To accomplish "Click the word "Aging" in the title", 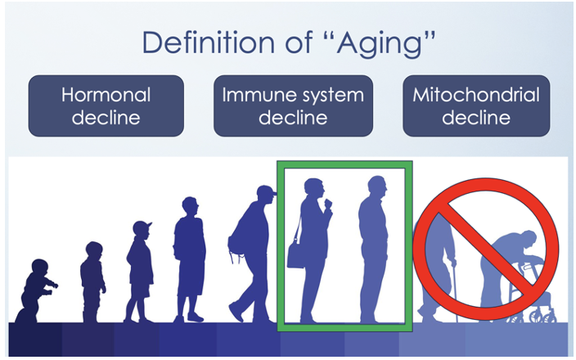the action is [x=381, y=43].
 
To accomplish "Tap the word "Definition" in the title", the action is [x=209, y=42].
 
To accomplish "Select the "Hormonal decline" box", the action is [x=106, y=106].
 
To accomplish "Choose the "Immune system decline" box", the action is [x=293, y=106].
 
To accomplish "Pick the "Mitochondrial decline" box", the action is [x=476, y=106].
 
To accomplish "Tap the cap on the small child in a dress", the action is [x=142, y=227].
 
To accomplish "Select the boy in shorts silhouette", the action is [x=189, y=259].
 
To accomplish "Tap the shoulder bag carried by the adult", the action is [x=295, y=255].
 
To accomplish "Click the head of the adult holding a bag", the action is [x=313, y=188].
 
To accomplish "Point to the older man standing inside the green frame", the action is [x=374, y=250].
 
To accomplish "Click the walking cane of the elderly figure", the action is [x=455, y=291].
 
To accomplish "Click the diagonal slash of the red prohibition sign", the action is [x=485, y=249].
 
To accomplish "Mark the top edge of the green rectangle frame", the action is [x=344, y=164].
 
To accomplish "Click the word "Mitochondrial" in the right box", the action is [x=476, y=95].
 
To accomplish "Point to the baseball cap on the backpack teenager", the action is [x=267, y=191].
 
